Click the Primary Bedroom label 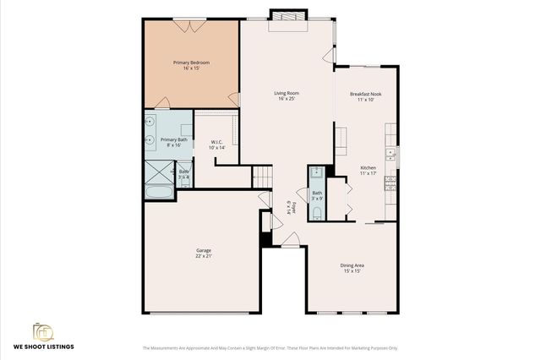coord(191,64)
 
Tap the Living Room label coord(287,95)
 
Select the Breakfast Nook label coord(364,95)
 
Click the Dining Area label coord(352,268)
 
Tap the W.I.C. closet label coord(216,144)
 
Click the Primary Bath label coord(174,141)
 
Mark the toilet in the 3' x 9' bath coord(315,212)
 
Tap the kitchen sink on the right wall coord(391,154)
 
